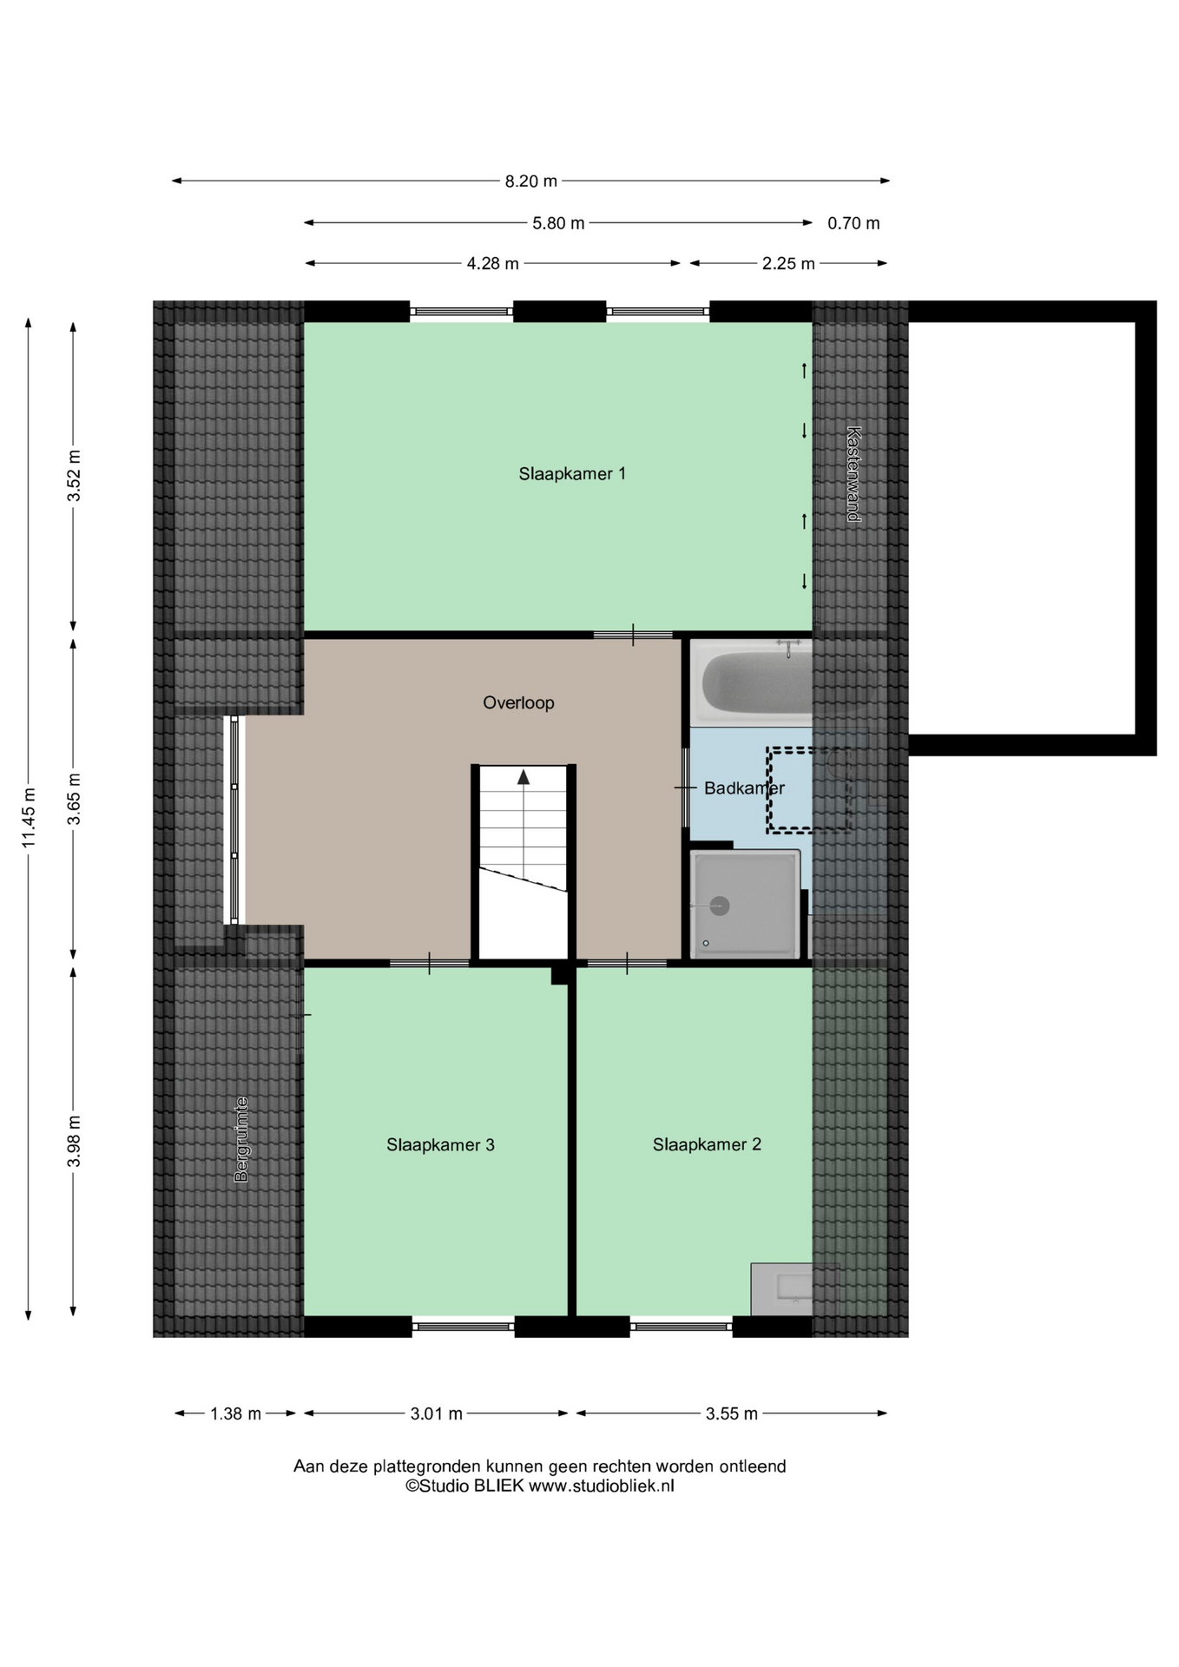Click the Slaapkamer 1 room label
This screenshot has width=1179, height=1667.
(x=572, y=473)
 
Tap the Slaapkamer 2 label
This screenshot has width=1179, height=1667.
(x=707, y=1144)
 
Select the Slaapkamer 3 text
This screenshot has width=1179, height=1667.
(x=440, y=1145)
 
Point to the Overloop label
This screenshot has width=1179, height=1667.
(x=518, y=702)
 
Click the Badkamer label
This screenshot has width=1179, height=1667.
(x=744, y=788)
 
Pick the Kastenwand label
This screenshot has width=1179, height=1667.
(x=853, y=474)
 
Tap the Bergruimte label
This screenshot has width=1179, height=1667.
(x=241, y=1140)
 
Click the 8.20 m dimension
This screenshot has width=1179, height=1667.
(x=531, y=181)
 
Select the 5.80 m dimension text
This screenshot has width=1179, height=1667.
(x=558, y=223)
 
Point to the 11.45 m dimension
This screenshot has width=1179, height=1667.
(x=30, y=817)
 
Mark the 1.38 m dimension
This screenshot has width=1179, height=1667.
(x=235, y=1413)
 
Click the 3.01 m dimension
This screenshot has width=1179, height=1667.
(x=436, y=1413)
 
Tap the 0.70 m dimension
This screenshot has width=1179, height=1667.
(x=853, y=223)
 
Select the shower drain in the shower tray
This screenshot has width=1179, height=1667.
(x=719, y=906)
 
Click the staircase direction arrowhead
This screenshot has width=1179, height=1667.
(x=524, y=777)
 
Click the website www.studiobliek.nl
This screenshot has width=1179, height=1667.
(x=602, y=1486)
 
